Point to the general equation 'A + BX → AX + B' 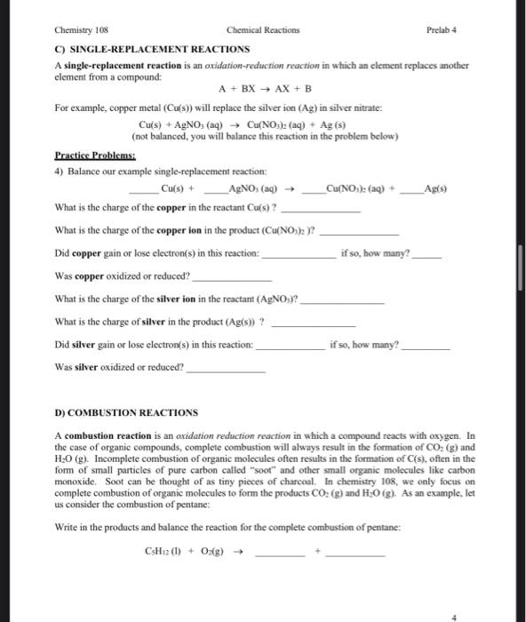pos(263,89)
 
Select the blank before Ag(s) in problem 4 pos(413,190)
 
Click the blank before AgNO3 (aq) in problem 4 pos(216,190)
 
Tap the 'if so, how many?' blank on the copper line pos(426,255)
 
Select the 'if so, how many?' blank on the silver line pos(420,346)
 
